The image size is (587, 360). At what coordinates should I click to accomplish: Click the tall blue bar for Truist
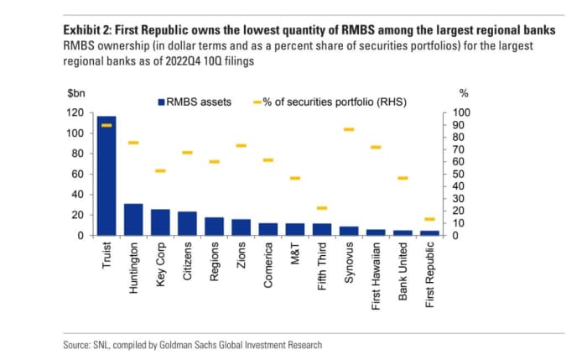coord(106,175)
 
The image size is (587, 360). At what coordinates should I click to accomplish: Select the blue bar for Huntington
coord(133,220)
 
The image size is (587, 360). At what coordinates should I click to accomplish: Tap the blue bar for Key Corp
coord(160,222)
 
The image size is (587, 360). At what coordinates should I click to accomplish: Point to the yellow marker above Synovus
coord(349,129)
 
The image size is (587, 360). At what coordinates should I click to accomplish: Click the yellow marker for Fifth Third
coord(322,208)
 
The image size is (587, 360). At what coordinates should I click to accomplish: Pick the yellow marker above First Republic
coord(429,219)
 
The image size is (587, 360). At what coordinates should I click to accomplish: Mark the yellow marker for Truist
coord(106,125)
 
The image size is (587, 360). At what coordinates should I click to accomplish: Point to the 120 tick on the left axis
coord(75,112)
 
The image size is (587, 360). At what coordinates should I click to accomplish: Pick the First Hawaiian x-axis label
coord(377,274)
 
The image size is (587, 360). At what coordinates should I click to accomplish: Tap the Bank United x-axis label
coord(403,269)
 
